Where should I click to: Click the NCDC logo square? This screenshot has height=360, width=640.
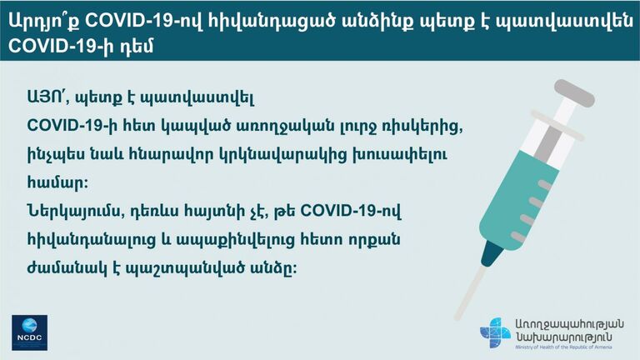pos(29,332)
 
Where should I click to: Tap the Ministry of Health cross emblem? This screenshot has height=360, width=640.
pos(495,332)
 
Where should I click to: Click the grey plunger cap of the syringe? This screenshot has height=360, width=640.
pos(574,93)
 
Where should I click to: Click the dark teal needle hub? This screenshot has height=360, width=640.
pos(492,253)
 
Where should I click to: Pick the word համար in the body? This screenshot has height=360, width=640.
pos(57,182)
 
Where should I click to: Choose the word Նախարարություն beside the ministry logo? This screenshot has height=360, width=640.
pos(563,337)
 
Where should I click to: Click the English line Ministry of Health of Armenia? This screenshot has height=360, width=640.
pos(563,347)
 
